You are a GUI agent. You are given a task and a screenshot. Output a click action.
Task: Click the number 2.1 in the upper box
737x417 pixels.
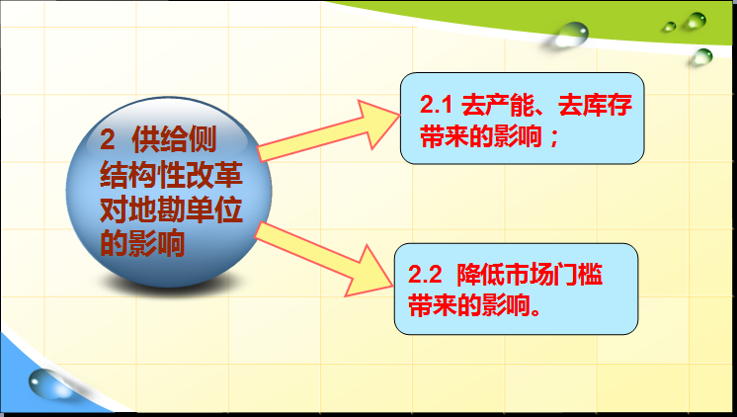pos(436,105)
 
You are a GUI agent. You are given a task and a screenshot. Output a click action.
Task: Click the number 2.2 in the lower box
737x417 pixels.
pos(425,275)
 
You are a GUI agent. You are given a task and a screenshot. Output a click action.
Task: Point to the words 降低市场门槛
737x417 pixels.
pos(530,275)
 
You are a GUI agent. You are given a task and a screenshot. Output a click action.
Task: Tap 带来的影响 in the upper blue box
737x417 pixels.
pos(481,136)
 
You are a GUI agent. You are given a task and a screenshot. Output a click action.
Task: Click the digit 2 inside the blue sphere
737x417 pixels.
pos(107,139)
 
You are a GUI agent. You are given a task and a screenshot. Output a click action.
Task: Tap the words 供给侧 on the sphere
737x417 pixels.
pos(174,139)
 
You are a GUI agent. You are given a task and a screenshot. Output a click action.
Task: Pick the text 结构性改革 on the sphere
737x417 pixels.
pos(171,175)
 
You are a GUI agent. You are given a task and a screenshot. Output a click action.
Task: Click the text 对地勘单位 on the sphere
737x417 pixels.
pos(171,209)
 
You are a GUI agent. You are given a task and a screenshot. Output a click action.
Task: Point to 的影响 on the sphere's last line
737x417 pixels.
pos(142,243)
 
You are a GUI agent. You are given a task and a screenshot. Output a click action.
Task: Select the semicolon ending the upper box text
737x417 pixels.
pos(553,138)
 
